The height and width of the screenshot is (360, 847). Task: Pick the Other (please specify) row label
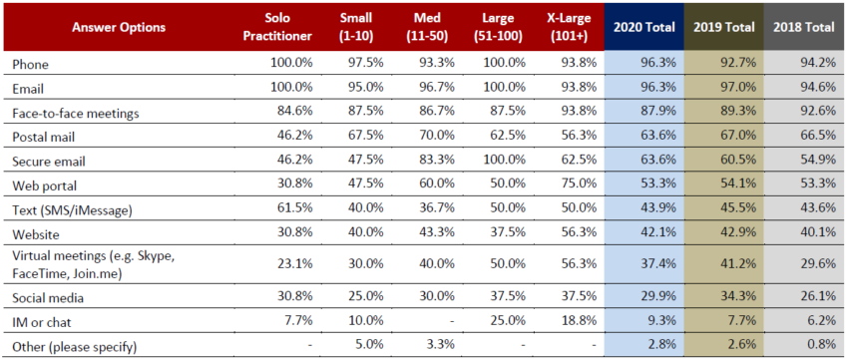74,346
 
